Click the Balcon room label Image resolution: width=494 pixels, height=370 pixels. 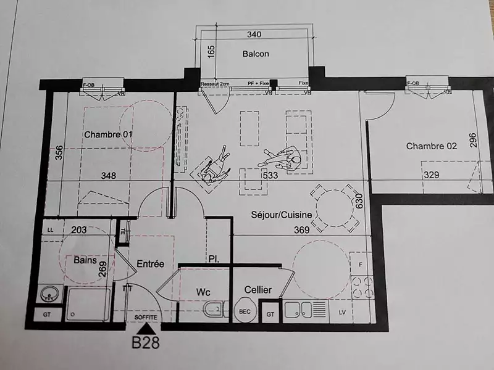point(256,54)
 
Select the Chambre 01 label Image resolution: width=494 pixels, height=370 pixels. point(109,134)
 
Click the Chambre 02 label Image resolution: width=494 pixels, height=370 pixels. point(431,146)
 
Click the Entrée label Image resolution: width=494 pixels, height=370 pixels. point(151,263)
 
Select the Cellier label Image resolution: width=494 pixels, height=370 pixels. point(258,289)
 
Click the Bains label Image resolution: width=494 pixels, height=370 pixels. point(85,260)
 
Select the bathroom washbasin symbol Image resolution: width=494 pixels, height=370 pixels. point(49,295)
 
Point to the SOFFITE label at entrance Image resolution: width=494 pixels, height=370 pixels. point(146,317)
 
